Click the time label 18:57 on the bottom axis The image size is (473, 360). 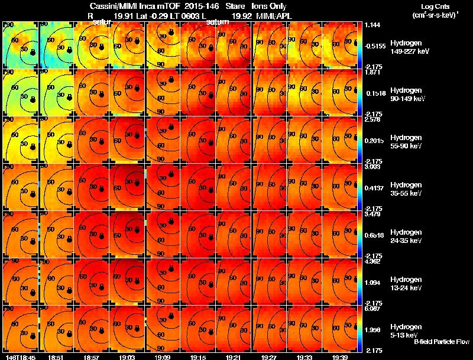coord(92,357)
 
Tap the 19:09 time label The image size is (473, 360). coord(163,357)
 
